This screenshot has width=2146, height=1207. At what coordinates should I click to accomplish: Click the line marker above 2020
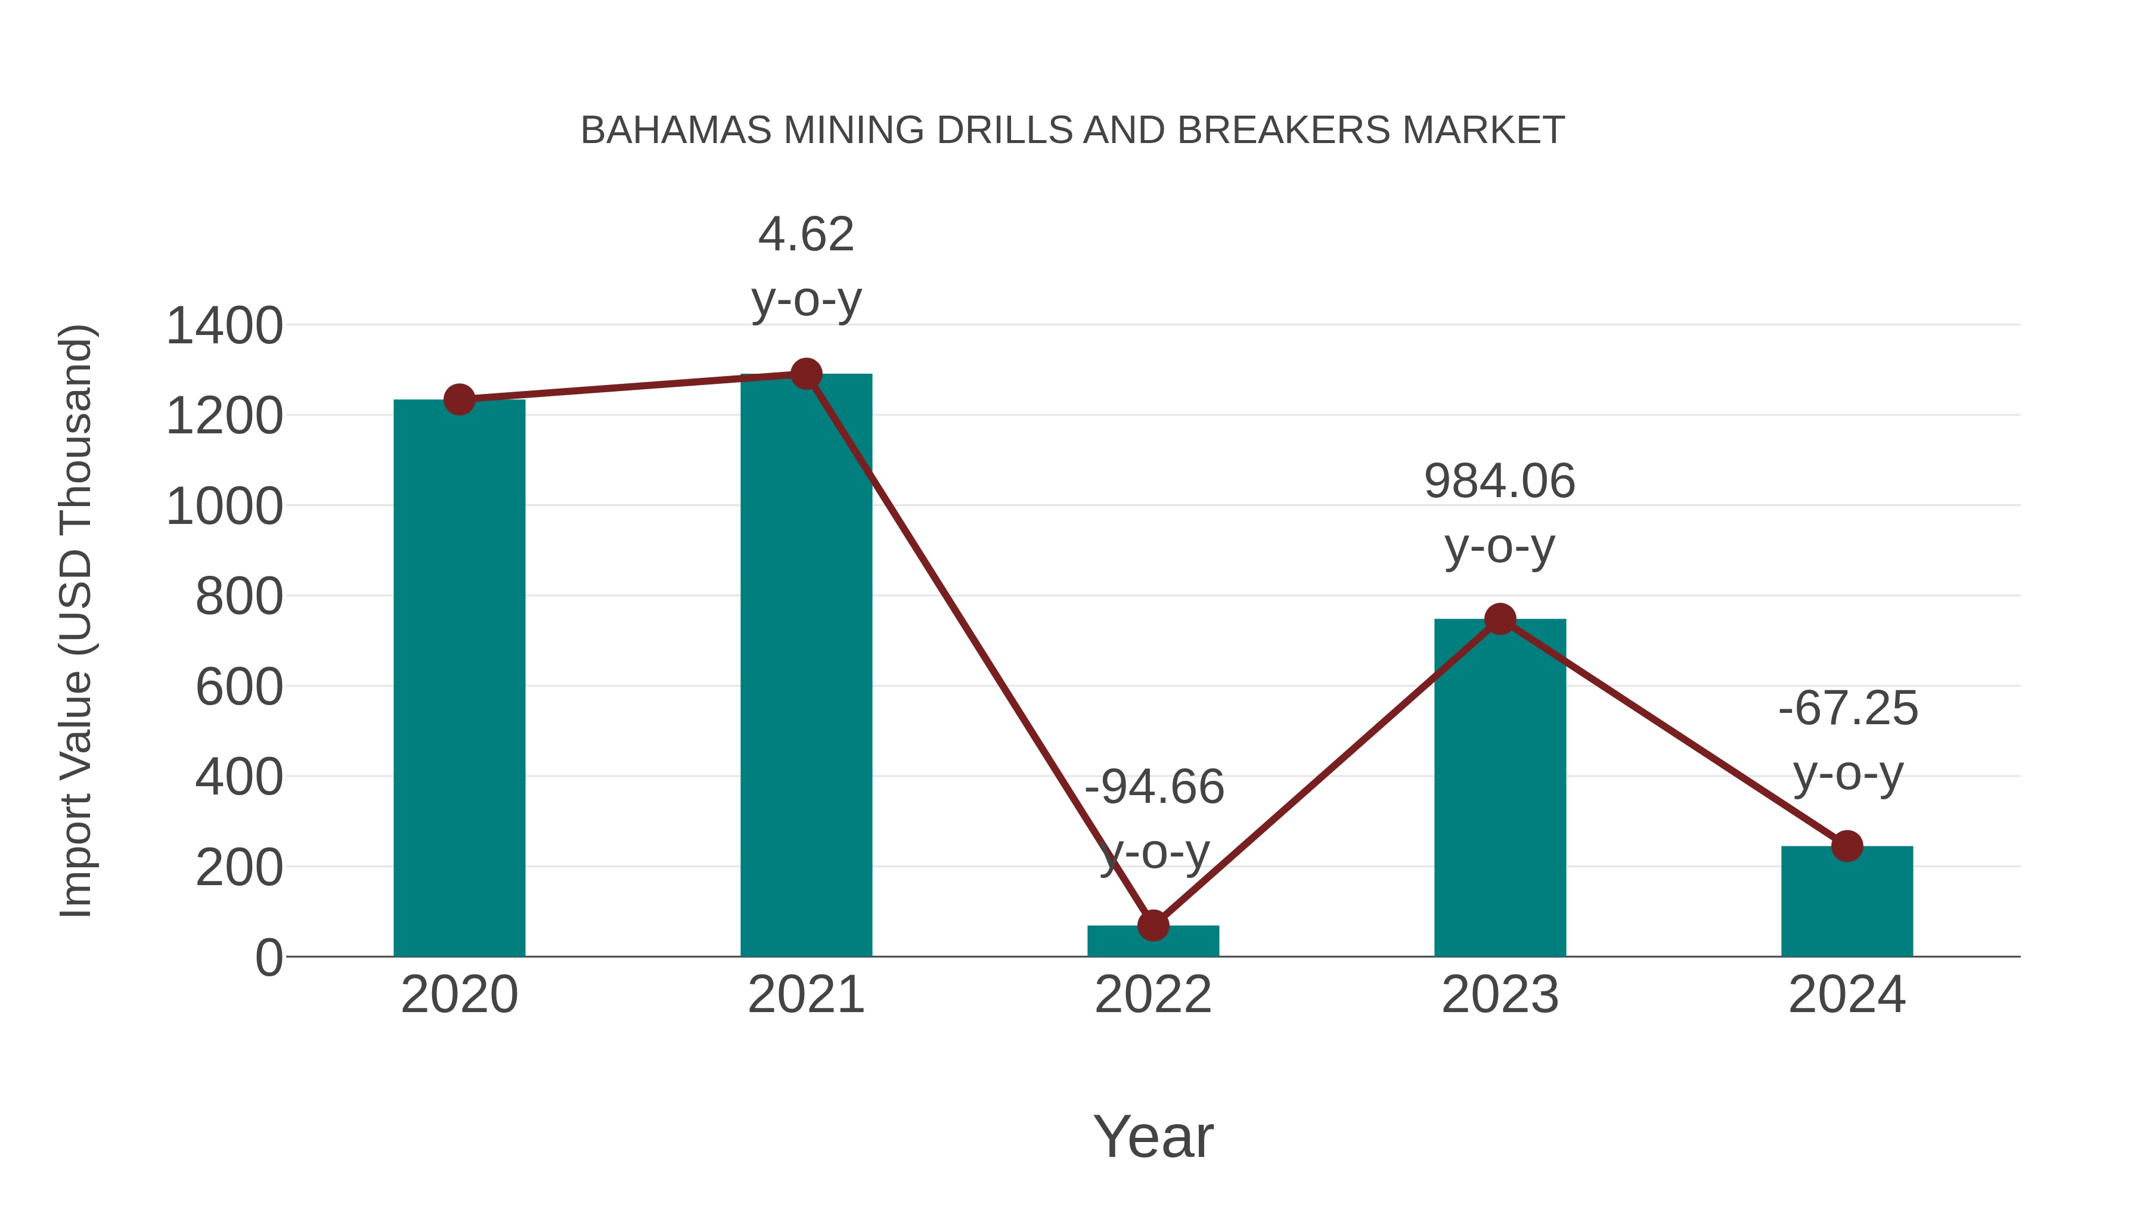459,400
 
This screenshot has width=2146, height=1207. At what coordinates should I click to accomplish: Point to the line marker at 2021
805,374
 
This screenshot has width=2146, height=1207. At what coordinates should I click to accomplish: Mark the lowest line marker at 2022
1153,926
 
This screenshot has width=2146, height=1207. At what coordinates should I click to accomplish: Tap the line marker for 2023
1500,619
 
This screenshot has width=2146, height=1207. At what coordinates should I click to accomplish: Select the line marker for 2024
1847,846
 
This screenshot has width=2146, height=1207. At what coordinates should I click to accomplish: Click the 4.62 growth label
805,234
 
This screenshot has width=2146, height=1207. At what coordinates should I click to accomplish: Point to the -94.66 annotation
1154,787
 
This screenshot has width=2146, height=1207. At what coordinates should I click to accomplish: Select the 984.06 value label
1500,482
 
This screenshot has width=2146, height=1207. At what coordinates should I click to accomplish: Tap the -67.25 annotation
1848,709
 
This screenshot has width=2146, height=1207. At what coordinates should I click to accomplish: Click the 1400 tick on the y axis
225,325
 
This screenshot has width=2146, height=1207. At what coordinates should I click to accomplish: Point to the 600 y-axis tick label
239,688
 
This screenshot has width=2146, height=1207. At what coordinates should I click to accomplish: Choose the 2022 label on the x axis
1153,995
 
